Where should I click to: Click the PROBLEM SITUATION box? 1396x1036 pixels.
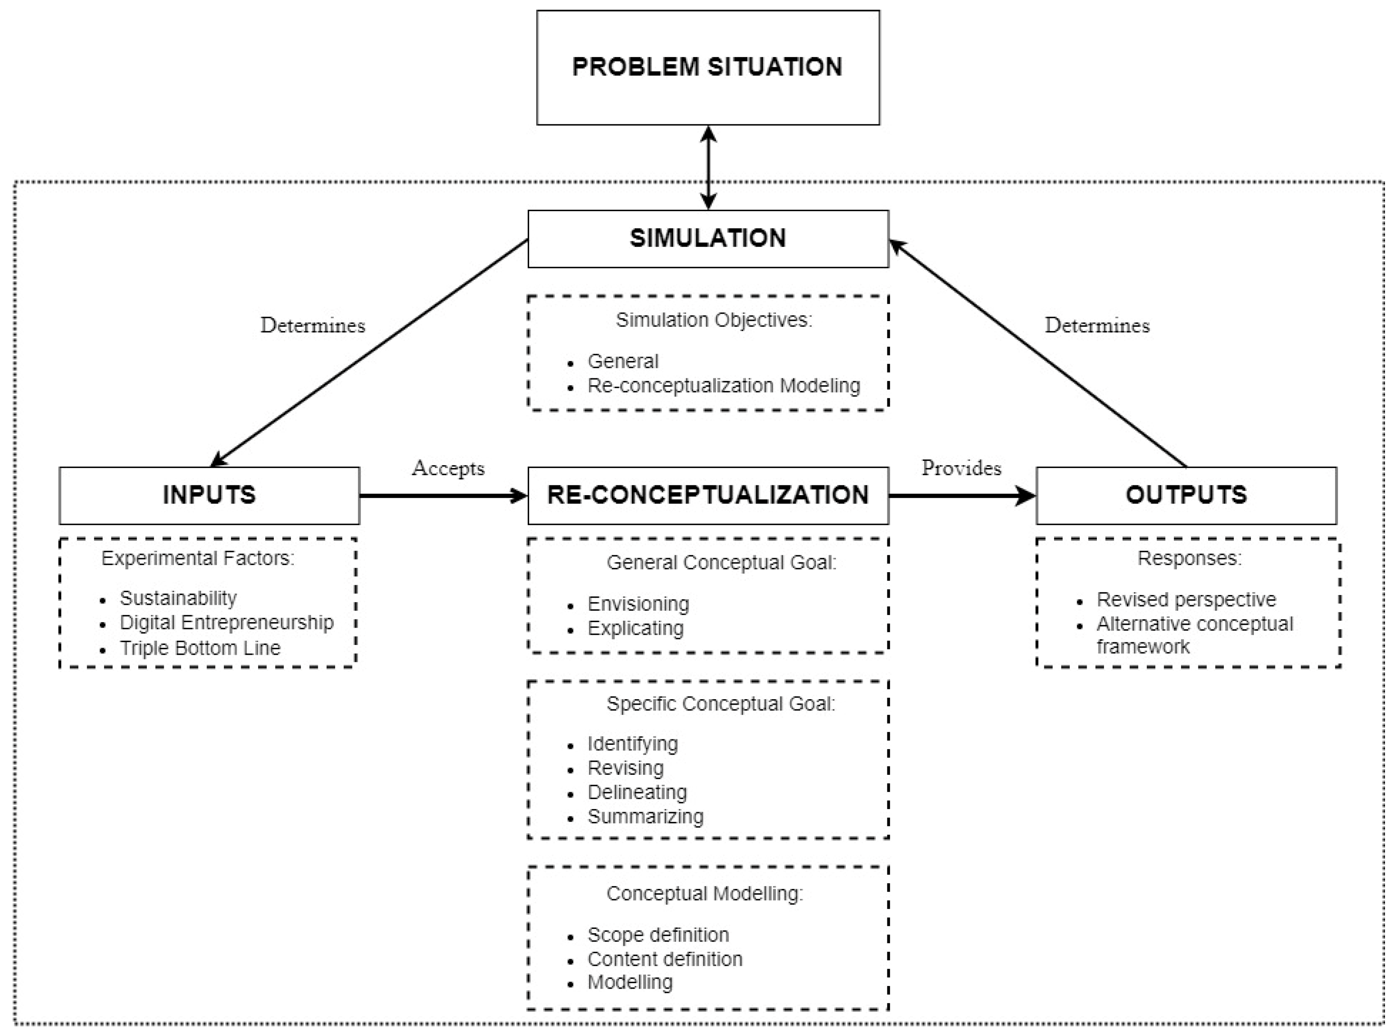coord(708,67)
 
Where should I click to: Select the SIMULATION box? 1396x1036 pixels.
coord(708,238)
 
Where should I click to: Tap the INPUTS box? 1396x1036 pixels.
coord(209,496)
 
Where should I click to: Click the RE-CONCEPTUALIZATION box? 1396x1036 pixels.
coord(708,496)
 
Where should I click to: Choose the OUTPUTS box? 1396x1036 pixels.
coord(1186,496)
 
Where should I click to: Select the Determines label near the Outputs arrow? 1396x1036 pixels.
coord(1097,325)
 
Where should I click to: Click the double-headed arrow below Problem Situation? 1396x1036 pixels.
coord(708,168)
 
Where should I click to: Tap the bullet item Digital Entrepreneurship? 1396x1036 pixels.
coord(226,623)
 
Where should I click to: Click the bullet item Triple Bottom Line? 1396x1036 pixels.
coord(200,648)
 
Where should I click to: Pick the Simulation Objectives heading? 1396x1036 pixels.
coord(714,320)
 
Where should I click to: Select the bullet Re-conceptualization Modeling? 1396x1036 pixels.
coord(723,386)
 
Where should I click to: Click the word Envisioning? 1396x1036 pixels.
coord(638,604)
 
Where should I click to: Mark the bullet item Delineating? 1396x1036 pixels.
coord(636,792)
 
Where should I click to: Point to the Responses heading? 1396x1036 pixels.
coord(1189,558)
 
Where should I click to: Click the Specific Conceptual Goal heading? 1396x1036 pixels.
coord(721,704)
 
